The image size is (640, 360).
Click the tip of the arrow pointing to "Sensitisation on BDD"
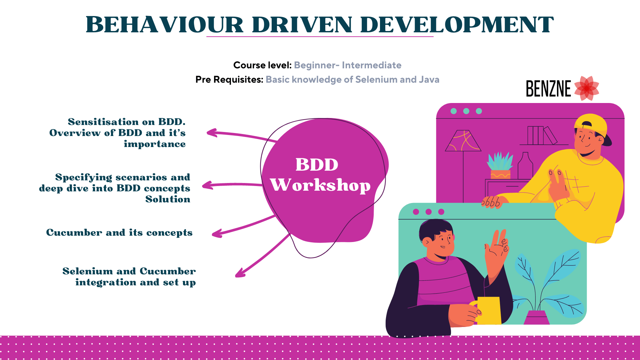click(x=207, y=133)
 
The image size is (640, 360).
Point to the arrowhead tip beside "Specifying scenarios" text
click(x=202, y=185)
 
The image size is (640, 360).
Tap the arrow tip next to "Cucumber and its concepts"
click(x=213, y=235)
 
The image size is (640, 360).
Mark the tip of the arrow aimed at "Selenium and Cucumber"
click(x=236, y=276)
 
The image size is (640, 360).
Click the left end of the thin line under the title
click(x=207, y=36)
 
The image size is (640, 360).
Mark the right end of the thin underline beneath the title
click(x=433, y=36)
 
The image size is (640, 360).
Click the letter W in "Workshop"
click(x=281, y=185)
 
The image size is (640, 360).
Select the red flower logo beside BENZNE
click(x=587, y=88)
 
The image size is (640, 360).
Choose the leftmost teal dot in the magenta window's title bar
click(x=454, y=111)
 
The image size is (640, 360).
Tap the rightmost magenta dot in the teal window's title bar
click(x=441, y=212)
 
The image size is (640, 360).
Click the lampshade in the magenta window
click(x=463, y=141)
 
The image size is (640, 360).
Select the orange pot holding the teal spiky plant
click(x=500, y=174)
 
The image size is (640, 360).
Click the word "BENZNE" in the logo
click(x=548, y=89)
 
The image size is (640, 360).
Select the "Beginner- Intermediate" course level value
click(x=348, y=65)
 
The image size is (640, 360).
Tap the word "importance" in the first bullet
click(x=155, y=144)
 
